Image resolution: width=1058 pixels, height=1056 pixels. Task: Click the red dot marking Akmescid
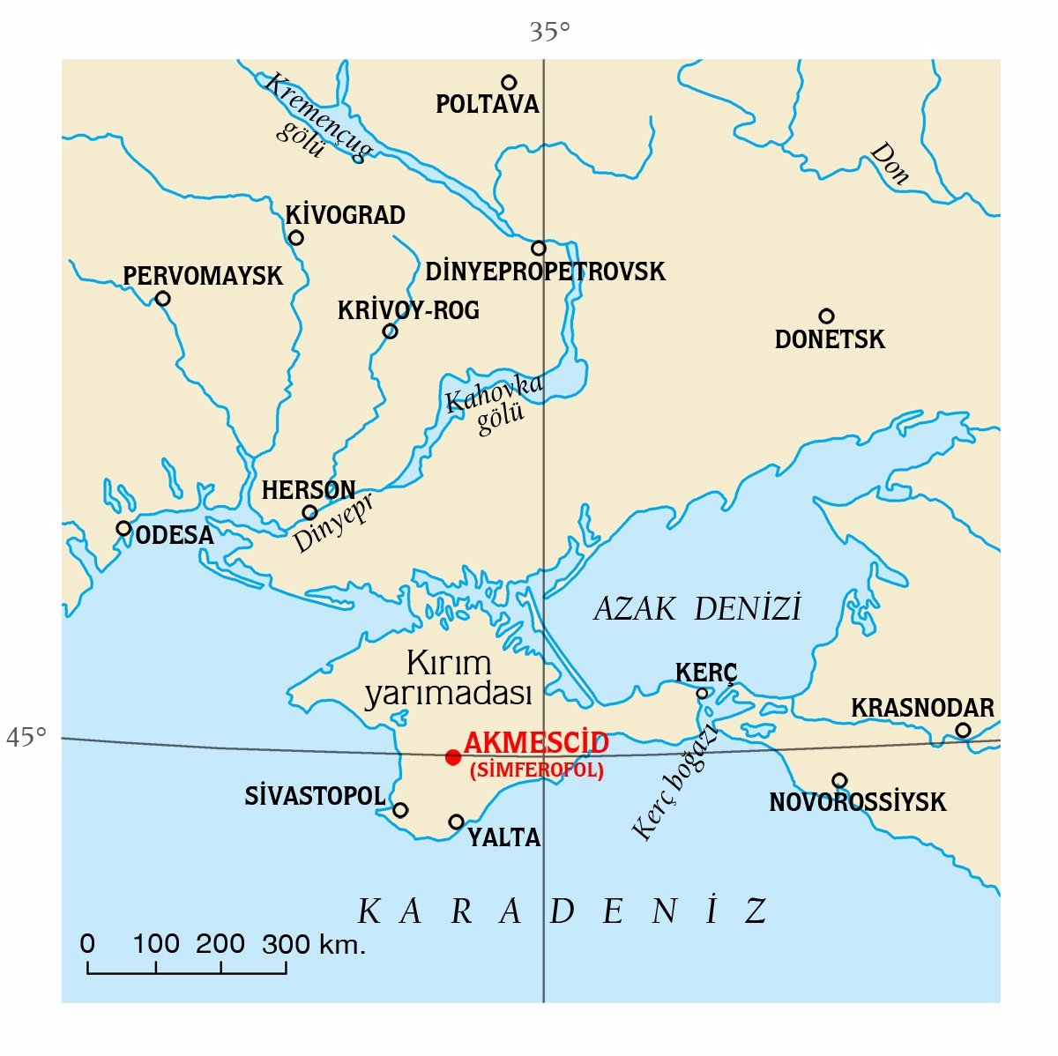(x=453, y=757)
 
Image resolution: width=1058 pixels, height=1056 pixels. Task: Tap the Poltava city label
(x=487, y=105)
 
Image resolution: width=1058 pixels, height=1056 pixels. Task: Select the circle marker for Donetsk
(x=826, y=316)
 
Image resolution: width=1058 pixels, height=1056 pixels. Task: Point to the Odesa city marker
(x=123, y=529)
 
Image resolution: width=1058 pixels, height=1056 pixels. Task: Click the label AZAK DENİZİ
(x=697, y=609)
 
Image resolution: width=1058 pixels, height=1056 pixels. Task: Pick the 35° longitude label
(x=549, y=33)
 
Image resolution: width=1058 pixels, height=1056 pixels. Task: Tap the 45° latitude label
(x=26, y=737)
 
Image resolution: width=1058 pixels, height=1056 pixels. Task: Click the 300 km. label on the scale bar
(x=313, y=945)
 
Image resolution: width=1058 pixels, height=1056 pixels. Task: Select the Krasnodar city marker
(x=963, y=730)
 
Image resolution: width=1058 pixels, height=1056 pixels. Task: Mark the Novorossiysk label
(x=857, y=802)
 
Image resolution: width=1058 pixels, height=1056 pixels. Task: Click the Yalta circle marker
(x=456, y=822)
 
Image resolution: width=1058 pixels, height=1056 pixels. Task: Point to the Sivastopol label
(x=315, y=796)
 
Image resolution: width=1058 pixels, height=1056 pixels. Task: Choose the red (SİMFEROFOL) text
(x=537, y=770)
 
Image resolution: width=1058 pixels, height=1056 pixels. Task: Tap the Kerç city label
(x=705, y=673)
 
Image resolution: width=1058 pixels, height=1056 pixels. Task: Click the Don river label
(x=889, y=164)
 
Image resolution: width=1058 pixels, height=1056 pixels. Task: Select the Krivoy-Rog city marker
(x=390, y=331)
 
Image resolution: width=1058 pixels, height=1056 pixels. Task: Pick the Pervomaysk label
(x=203, y=276)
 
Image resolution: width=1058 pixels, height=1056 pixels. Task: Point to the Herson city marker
(x=309, y=512)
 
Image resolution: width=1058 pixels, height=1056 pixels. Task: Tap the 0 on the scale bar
(x=87, y=945)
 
